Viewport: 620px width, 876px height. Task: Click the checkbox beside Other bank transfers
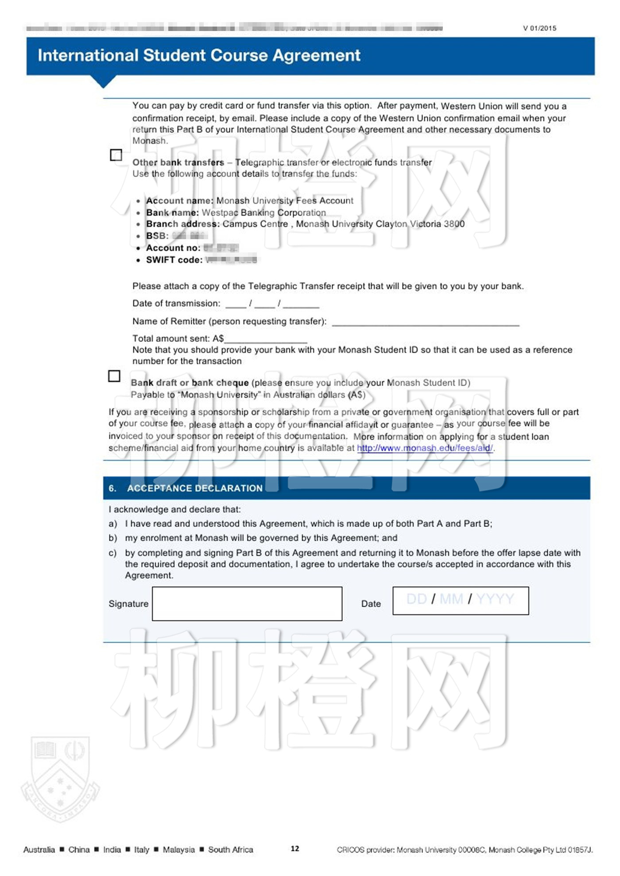click(116, 155)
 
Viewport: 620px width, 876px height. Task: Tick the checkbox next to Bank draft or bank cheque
click(114, 376)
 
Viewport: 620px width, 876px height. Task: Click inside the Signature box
click(247, 603)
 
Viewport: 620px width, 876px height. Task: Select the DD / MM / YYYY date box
click(460, 600)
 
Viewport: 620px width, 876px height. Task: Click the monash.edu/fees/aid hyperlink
click(424, 448)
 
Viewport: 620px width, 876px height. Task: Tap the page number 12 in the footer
click(294, 849)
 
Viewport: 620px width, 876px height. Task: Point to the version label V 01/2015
click(539, 28)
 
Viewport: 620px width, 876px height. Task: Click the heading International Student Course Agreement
click(199, 55)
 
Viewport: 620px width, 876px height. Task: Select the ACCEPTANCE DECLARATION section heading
click(194, 488)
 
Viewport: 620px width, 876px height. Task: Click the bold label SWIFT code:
click(174, 260)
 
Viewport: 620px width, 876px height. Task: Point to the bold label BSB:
click(157, 236)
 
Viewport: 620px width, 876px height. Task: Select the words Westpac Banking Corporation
click(263, 213)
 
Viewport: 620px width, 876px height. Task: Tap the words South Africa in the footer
click(230, 849)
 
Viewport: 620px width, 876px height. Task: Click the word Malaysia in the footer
click(178, 849)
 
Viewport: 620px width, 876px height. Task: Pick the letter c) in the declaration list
click(112, 553)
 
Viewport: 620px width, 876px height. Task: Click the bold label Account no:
click(173, 248)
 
